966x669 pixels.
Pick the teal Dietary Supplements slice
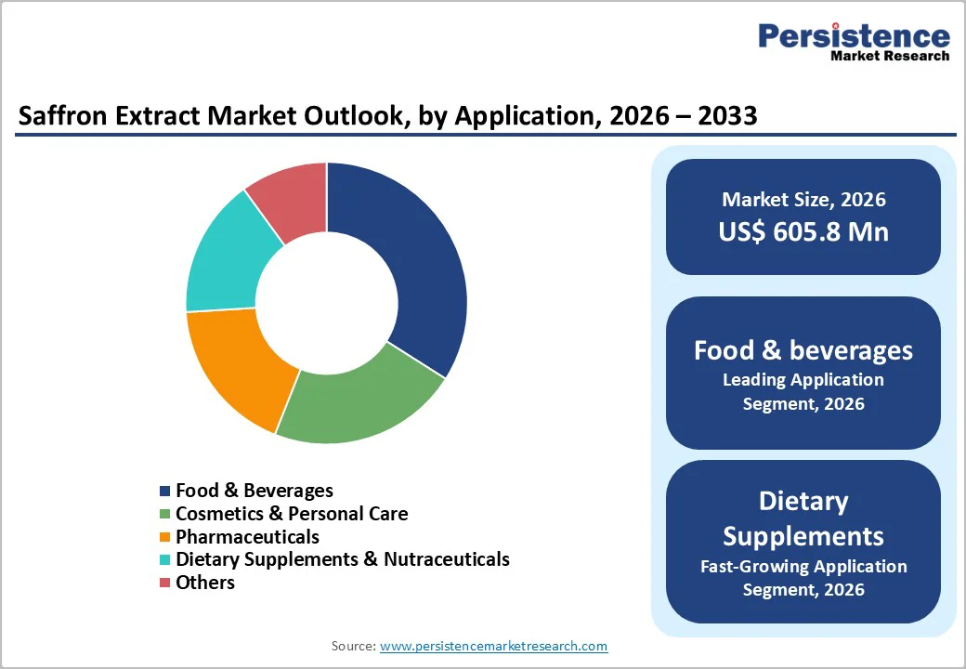[x=228, y=260]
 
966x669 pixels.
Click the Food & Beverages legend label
[x=254, y=491]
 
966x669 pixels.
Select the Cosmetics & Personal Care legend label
[x=292, y=514]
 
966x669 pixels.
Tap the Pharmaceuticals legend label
[x=247, y=537]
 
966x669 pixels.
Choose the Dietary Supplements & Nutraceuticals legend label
[x=342, y=559]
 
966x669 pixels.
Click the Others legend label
[x=205, y=583]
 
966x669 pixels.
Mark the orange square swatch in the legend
[x=165, y=537]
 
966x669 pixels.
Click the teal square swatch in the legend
[x=165, y=560]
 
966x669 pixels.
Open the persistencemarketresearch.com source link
[x=493, y=646]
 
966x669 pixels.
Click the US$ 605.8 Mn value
[x=803, y=231]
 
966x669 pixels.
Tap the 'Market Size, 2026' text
[x=803, y=200]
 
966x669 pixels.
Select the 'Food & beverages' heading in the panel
[x=803, y=350]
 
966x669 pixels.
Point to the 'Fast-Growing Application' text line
[x=803, y=566]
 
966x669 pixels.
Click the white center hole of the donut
[x=327, y=303]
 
